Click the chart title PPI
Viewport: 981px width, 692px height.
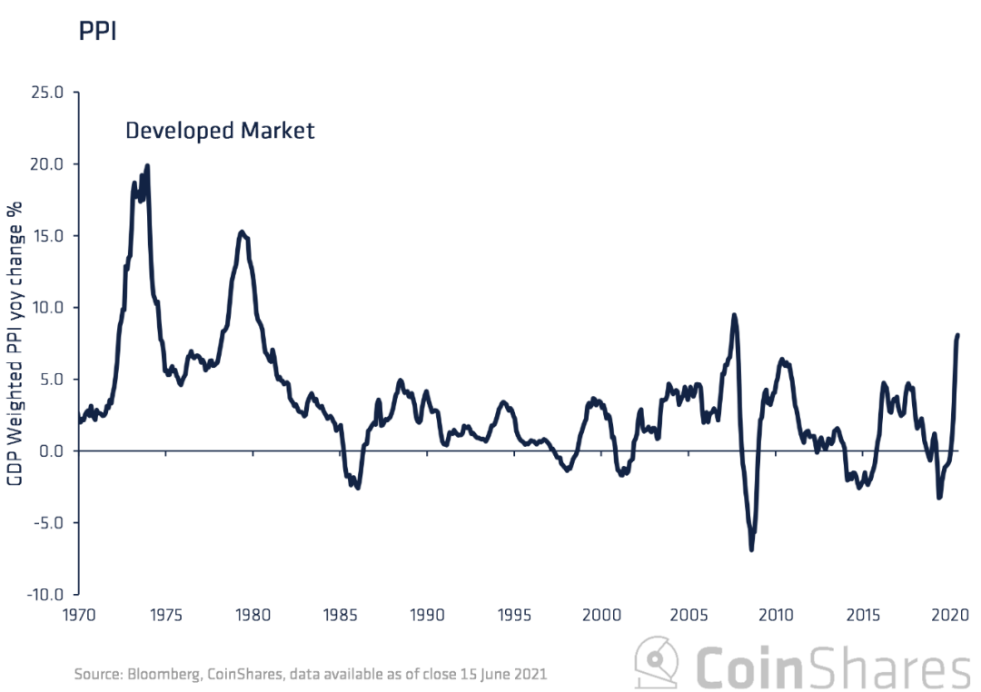[x=98, y=31]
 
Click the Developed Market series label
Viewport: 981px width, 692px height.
[x=220, y=131]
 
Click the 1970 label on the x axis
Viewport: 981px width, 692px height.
[x=80, y=615]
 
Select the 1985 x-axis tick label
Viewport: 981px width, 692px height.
[x=341, y=615]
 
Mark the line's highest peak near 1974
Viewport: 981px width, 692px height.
[x=147, y=166]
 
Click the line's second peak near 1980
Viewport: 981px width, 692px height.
[x=242, y=232]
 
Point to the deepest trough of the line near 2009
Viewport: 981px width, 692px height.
[x=752, y=549]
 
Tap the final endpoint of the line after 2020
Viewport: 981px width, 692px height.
[x=958, y=335]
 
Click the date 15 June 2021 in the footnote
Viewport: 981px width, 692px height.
[x=501, y=675]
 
